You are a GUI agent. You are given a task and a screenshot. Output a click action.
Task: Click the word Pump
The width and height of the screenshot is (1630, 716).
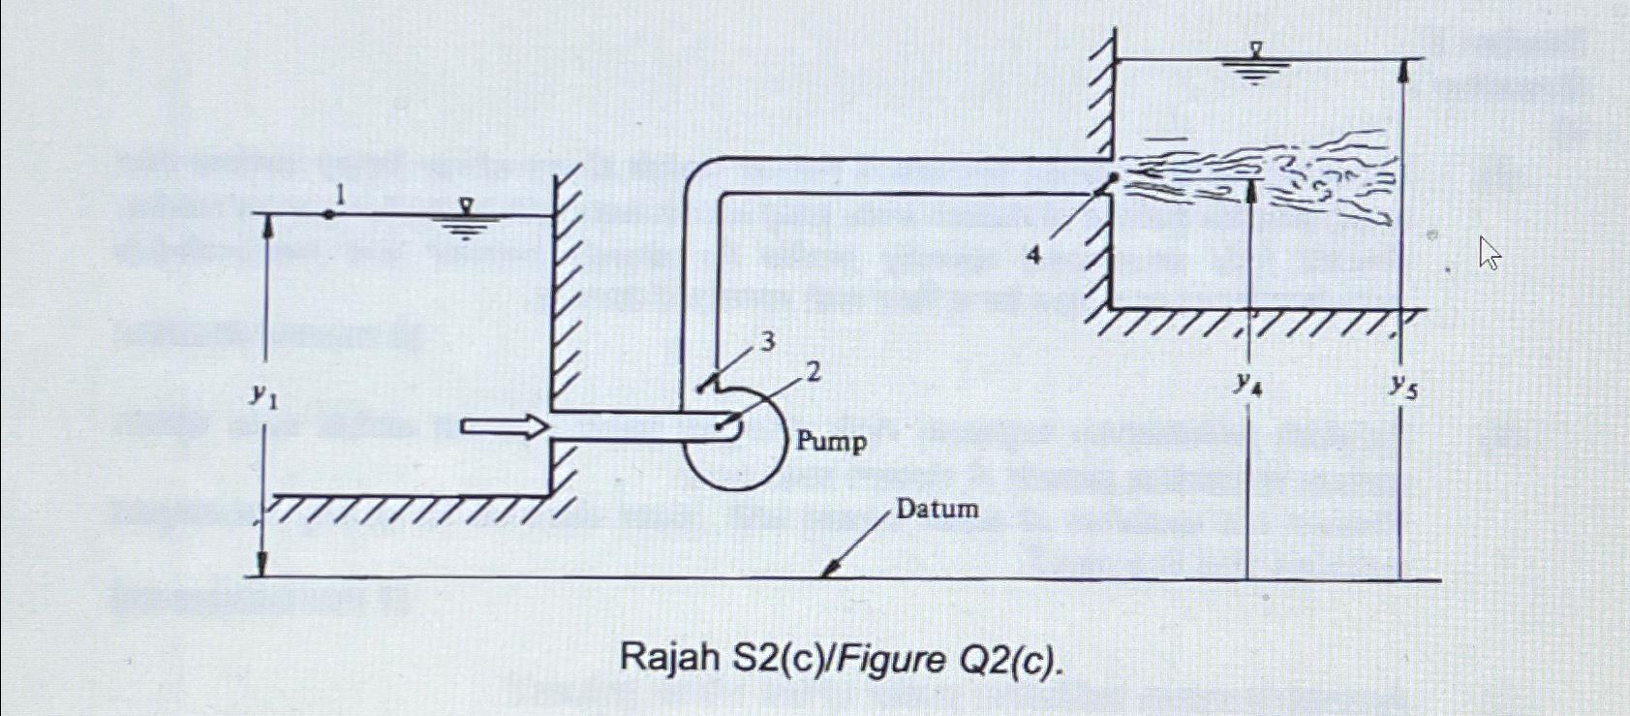pos(831,442)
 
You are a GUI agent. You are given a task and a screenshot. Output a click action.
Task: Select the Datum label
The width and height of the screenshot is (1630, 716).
pos(937,509)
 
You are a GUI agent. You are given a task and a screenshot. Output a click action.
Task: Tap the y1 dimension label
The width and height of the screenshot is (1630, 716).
pos(262,394)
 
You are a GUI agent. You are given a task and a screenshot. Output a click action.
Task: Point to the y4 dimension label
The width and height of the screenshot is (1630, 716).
pos(1247,385)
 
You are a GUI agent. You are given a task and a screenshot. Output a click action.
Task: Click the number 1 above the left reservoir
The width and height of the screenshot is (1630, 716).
pos(338,197)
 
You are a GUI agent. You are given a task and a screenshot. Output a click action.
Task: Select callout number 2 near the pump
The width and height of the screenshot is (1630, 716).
pos(813,371)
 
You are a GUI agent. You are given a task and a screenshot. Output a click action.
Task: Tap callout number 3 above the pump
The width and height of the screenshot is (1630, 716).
pos(767,342)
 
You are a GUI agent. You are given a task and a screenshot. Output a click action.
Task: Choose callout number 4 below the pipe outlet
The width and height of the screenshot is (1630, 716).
pos(1034,255)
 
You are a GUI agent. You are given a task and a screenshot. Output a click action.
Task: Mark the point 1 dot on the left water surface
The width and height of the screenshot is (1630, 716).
pos(329,214)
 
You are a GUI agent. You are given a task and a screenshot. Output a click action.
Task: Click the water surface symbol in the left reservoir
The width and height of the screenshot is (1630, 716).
pos(466,220)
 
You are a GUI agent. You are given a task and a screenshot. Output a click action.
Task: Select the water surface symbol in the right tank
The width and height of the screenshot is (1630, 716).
pos(1255,62)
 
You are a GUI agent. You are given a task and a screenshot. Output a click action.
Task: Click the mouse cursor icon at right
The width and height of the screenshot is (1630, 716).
pos(1490,255)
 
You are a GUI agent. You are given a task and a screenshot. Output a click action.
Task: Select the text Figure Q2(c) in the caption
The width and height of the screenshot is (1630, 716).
pos(950,661)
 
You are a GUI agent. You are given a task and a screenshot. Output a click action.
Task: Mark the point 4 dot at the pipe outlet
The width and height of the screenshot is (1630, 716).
pos(1114,178)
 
